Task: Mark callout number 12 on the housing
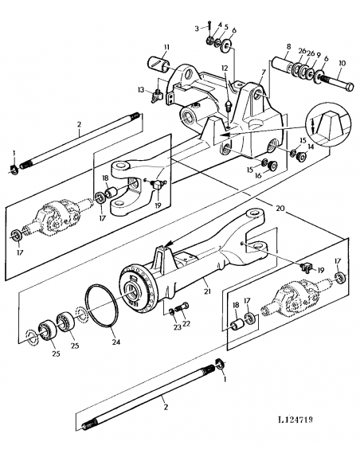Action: click(x=225, y=68)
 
